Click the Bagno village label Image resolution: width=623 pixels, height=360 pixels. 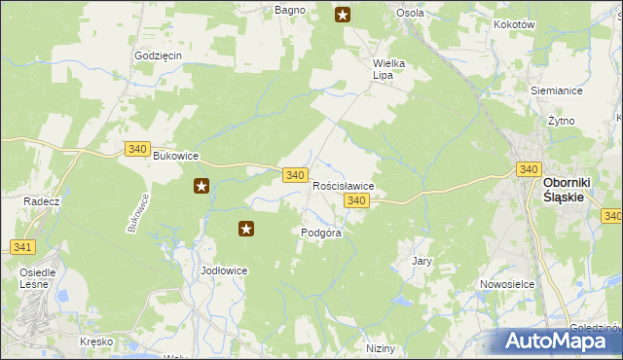pyautogui.click(x=290, y=10)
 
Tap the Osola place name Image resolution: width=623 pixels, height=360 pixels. pyautogui.click(x=410, y=13)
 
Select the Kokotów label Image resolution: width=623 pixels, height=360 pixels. pyautogui.click(x=515, y=24)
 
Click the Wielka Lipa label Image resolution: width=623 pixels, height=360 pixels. pyautogui.click(x=388, y=70)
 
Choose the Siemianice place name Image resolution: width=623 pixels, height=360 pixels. pyautogui.click(x=557, y=90)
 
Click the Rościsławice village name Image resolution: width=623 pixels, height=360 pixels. pyautogui.click(x=343, y=185)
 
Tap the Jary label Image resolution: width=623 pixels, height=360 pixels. pyautogui.click(x=421, y=262)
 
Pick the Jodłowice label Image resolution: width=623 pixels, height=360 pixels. pyautogui.click(x=224, y=270)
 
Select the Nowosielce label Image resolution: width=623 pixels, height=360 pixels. pyautogui.click(x=503, y=284)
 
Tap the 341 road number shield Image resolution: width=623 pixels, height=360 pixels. pyautogui.click(x=21, y=247)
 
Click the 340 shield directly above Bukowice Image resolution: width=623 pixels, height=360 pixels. pyautogui.click(x=137, y=148)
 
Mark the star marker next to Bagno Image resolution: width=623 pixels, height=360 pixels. pyautogui.click(x=343, y=14)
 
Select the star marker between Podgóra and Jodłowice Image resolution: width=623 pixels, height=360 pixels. pyautogui.click(x=246, y=230)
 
